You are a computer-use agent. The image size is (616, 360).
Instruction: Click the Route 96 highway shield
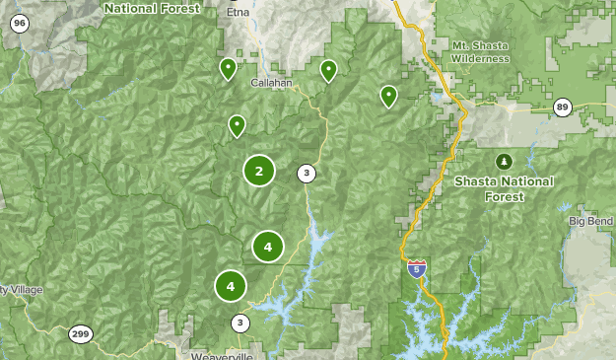[x=21, y=23]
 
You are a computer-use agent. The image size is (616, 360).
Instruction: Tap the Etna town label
[x=238, y=13]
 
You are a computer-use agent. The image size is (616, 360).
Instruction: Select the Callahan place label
[x=272, y=84]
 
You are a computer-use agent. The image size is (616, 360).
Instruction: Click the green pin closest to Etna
[x=227, y=68]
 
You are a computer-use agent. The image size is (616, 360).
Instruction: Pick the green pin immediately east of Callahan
[x=328, y=70]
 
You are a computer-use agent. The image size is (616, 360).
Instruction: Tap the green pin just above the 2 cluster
[x=237, y=125]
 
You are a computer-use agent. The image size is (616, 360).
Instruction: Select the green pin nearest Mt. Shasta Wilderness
[x=388, y=96]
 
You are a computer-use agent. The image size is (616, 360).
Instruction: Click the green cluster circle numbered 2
[x=258, y=171]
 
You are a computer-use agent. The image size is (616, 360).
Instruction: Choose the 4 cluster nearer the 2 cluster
[x=267, y=246]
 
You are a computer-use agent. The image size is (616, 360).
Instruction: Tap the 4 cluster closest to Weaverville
[x=231, y=286]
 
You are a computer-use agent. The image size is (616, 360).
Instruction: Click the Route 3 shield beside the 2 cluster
[x=307, y=174]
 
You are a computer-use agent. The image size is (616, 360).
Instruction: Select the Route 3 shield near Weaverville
[x=240, y=323]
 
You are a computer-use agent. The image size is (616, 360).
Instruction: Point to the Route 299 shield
[x=80, y=334]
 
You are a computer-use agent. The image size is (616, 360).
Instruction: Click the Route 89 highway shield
[x=562, y=108]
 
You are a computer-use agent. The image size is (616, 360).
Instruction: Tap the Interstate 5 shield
[x=417, y=268]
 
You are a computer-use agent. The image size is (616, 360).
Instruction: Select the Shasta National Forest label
[x=504, y=188]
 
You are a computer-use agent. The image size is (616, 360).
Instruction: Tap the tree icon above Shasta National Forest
[x=504, y=161]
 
